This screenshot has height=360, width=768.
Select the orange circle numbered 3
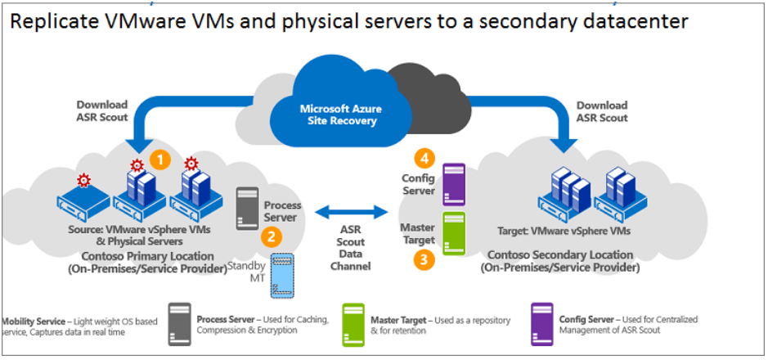(x=422, y=260)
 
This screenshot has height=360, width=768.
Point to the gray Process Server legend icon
(x=180, y=324)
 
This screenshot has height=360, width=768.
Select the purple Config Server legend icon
(x=542, y=324)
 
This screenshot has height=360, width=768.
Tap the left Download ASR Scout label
(x=102, y=111)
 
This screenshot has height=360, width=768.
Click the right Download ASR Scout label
(x=602, y=111)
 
